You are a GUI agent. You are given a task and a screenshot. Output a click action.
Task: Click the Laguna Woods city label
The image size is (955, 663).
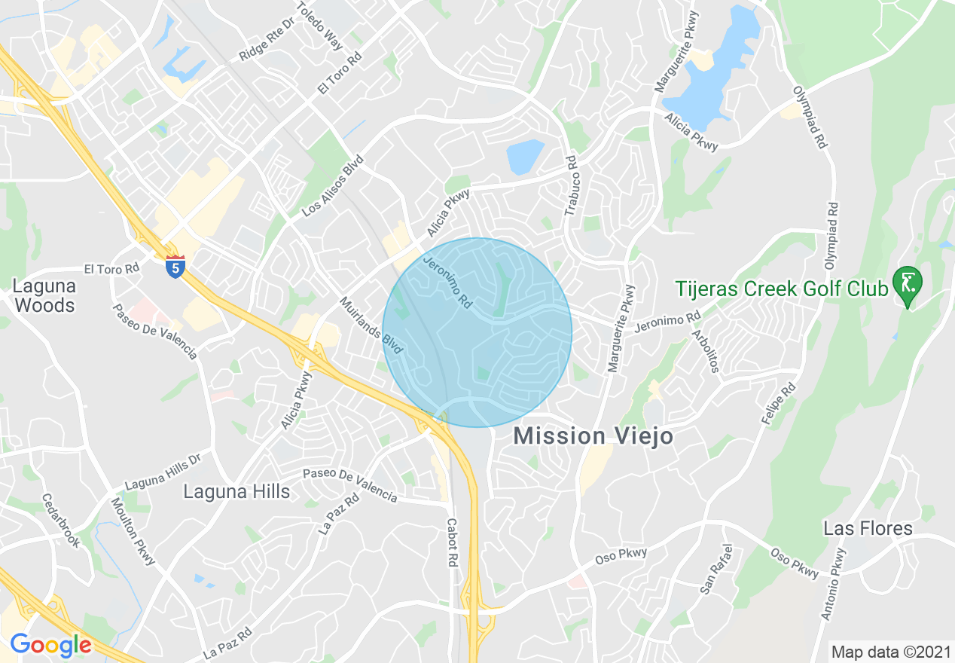(44, 296)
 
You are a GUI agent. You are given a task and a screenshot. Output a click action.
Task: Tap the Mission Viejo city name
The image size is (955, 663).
(592, 436)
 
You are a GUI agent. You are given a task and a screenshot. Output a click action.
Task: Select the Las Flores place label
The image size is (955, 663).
(868, 528)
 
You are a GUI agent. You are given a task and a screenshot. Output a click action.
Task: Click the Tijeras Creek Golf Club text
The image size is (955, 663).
(781, 289)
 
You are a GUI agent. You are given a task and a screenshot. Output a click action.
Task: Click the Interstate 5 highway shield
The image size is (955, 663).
(175, 266)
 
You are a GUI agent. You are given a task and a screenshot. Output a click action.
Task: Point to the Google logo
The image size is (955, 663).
(50, 645)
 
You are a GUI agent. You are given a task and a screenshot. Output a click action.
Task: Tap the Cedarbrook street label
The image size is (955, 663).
(60, 520)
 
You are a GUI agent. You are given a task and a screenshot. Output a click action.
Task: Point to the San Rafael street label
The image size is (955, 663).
(715, 570)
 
